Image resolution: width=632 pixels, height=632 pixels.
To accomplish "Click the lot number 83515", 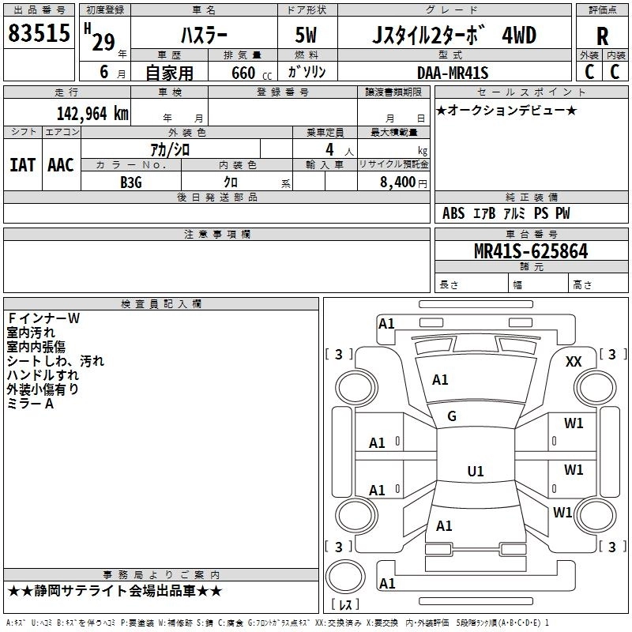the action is (x=39, y=33).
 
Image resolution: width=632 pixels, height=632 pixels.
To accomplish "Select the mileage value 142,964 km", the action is (x=92, y=114).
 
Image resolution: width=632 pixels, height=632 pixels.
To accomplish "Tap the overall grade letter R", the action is (x=602, y=36).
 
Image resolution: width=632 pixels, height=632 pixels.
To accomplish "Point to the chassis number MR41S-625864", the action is (x=531, y=251).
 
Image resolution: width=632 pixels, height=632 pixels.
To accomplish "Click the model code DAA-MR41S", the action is (x=453, y=73).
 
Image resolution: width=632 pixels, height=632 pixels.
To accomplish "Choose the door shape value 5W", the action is (x=306, y=35).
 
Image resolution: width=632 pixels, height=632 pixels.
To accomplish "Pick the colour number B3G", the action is (x=131, y=182).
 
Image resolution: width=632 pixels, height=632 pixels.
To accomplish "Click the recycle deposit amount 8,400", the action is (x=398, y=182).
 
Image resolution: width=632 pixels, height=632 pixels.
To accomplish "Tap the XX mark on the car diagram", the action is (x=574, y=361).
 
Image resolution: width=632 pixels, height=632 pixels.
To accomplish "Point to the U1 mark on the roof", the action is (x=476, y=471).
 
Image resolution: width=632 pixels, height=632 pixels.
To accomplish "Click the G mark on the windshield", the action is (x=452, y=416).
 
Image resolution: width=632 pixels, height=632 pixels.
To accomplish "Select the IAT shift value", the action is (x=22, y=165).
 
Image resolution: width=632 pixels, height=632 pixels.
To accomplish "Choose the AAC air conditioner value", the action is (x=61, y=165).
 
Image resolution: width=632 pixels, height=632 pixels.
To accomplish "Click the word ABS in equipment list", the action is (x=453, y=213).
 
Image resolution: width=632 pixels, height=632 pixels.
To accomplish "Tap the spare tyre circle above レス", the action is (x=345, y=577).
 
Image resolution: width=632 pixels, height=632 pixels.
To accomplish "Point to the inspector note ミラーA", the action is (x=30, y=404).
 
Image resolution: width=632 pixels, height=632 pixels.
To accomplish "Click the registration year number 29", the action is (x=103, y=43).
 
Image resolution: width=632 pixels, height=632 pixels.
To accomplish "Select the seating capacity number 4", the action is (x=329, y=149).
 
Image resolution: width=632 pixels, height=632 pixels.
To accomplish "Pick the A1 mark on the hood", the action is (x=440, y=380).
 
